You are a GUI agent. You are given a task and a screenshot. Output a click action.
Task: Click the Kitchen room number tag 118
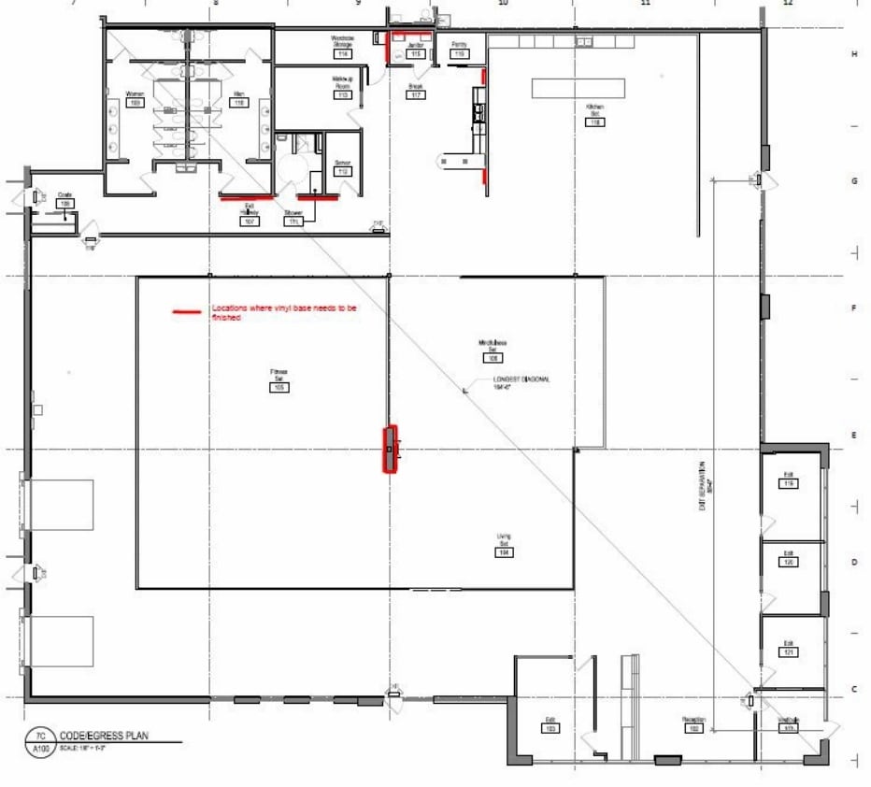[595, 122]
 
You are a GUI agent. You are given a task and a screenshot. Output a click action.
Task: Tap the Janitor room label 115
[417, 54]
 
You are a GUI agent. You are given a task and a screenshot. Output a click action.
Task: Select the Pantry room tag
[460, 54]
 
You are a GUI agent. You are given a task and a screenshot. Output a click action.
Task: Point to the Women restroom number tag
[135, 102]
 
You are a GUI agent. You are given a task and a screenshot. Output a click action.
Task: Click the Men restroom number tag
[239, 102]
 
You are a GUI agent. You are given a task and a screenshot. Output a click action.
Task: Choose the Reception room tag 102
[694, 727]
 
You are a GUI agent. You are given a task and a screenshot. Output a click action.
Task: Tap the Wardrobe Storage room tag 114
[343, 54]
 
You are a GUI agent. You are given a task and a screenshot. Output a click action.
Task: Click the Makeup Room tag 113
[343, 94]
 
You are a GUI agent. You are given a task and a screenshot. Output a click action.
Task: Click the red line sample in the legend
[186, 311]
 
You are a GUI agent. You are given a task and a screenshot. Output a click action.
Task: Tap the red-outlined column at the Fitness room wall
[390, 450]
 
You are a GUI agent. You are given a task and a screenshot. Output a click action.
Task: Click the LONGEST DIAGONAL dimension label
[521, 384]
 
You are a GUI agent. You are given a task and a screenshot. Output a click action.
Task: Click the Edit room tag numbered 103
[551, 727]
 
